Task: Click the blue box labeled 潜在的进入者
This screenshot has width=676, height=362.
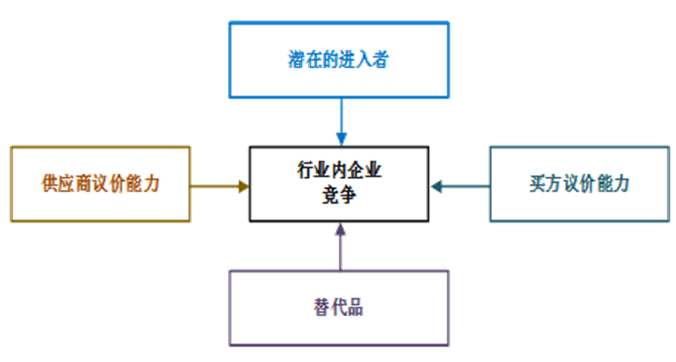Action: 339,58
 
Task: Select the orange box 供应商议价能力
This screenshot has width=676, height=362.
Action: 99,184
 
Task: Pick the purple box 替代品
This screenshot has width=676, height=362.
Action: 339,307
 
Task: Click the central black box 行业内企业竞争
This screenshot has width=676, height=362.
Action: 339,184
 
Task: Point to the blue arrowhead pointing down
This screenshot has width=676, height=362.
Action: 339,137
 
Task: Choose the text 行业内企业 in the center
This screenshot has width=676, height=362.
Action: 339,170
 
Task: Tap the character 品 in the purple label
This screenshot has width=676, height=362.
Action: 354,307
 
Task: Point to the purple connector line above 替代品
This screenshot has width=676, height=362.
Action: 339,254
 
